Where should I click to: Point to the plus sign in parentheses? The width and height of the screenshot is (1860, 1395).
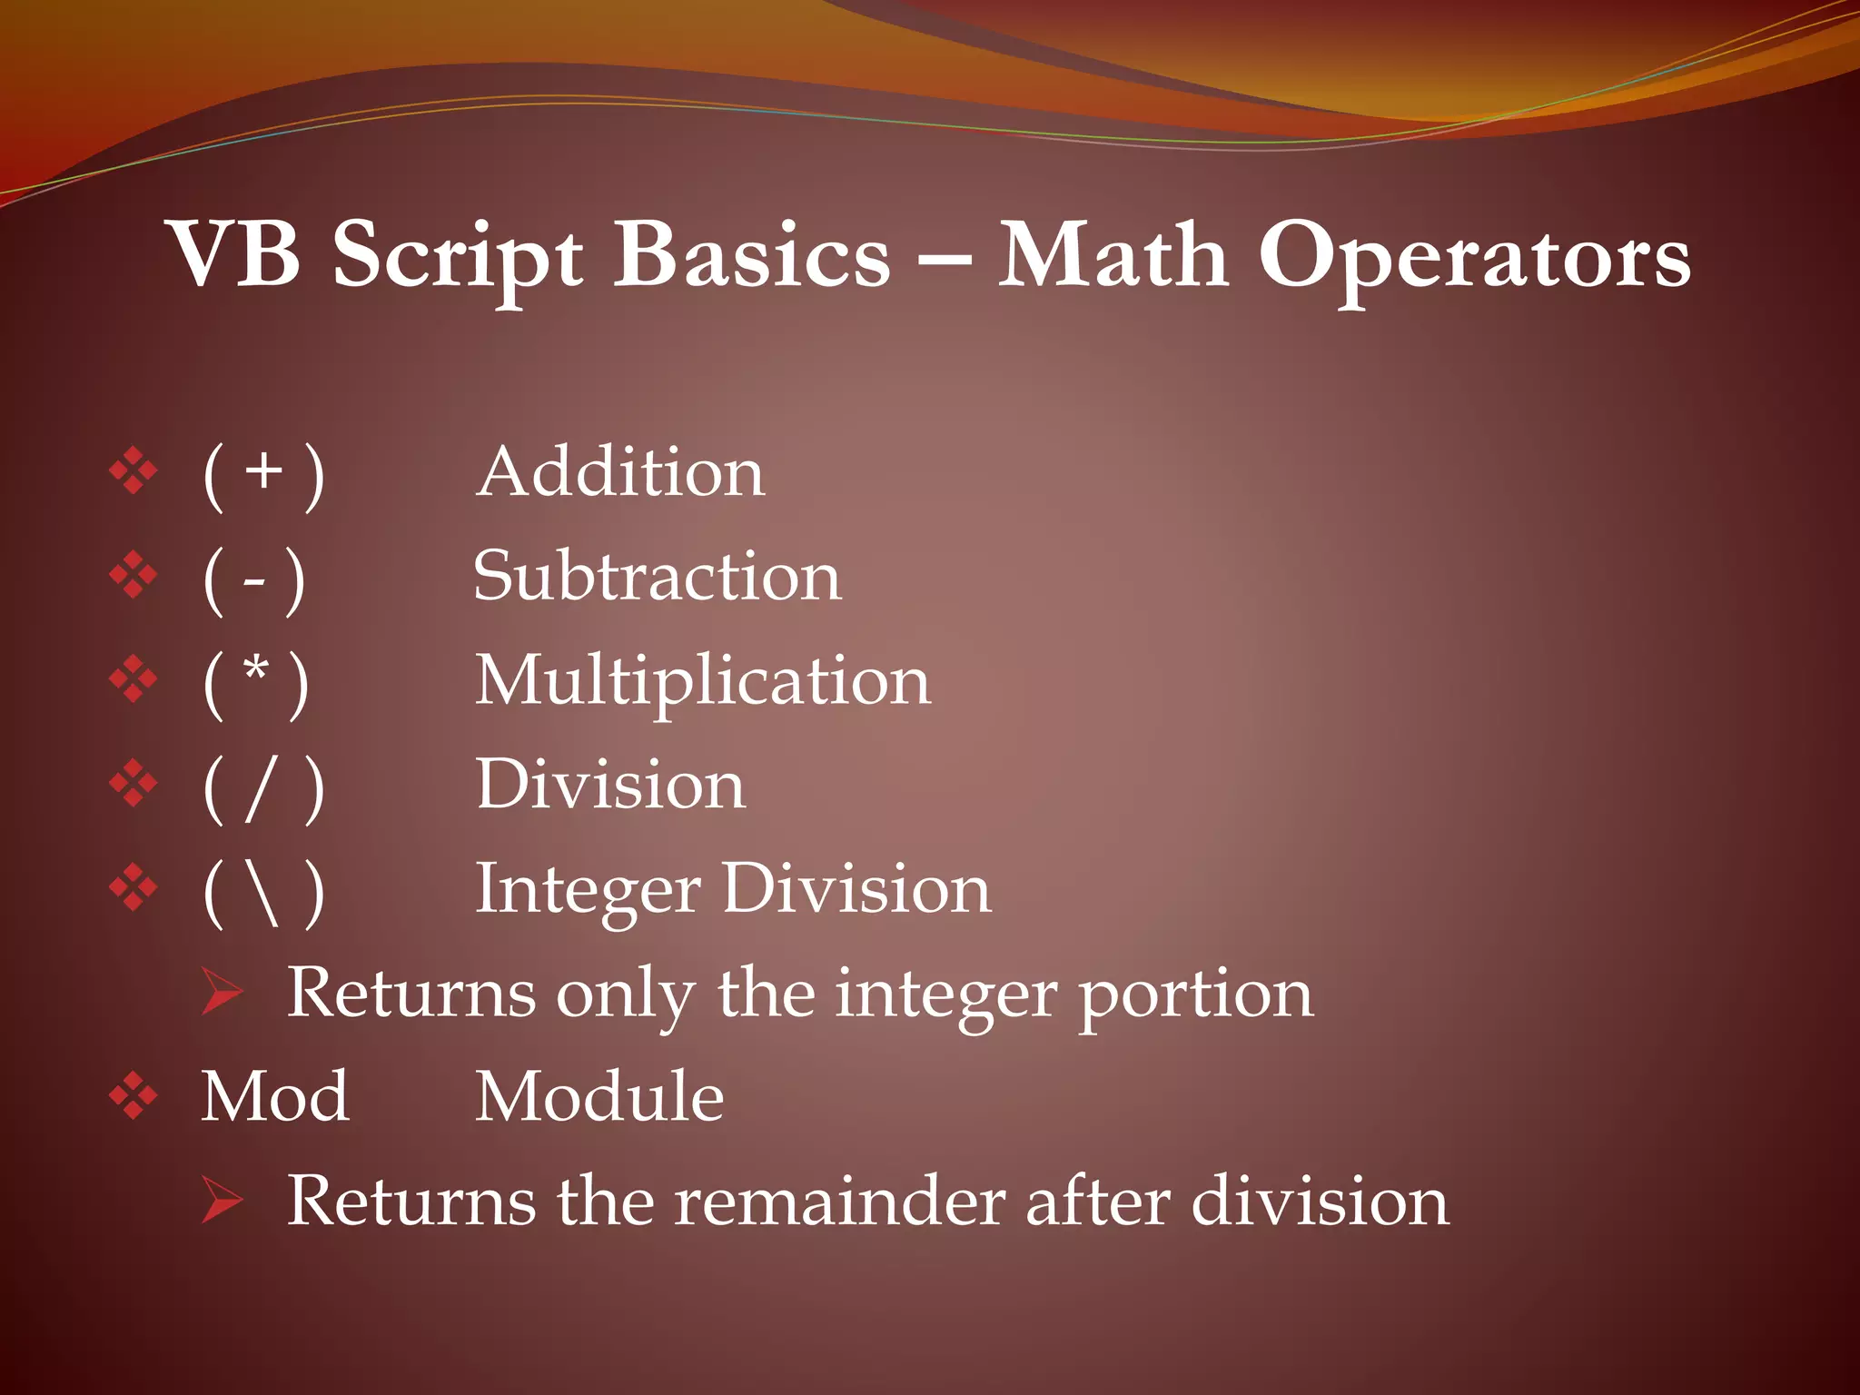point(264,472)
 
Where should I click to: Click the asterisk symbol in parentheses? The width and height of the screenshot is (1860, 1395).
point(257,673)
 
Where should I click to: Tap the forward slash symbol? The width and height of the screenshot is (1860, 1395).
point(261,787)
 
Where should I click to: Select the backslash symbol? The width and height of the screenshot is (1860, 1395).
point(264,892)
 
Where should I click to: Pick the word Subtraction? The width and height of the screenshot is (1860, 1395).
point(657,577)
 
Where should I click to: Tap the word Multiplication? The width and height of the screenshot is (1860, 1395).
point(702,681)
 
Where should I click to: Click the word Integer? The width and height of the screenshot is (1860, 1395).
point(588,890)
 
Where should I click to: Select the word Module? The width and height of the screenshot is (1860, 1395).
point(599,1097)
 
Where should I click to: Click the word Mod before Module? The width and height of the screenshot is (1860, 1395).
point(274,1097)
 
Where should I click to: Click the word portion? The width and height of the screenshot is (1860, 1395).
point(1195,995)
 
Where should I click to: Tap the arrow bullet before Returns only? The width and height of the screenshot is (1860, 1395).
point(222,992)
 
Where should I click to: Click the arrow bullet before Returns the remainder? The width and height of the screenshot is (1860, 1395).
point(222,1200)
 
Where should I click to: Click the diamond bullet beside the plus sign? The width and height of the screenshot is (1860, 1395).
point(134,470)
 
